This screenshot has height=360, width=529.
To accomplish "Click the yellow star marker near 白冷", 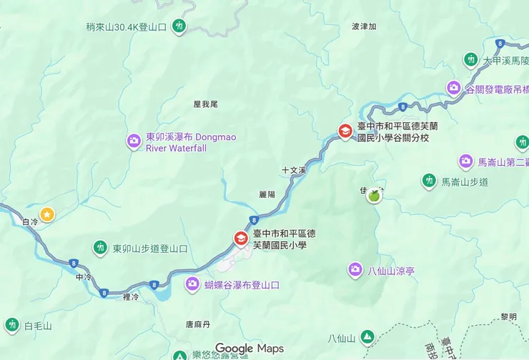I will (47, 214).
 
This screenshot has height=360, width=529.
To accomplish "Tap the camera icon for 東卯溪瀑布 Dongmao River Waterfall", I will (134, 141).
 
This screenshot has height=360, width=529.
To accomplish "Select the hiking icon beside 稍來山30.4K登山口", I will (179, 27).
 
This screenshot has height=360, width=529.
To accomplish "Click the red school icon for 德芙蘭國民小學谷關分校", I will (345, 131).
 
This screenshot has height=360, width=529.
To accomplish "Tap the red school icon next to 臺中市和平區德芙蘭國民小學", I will (241, 239).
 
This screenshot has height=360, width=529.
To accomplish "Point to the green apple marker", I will (373, 196).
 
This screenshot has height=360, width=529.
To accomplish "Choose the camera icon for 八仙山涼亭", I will (355, 270).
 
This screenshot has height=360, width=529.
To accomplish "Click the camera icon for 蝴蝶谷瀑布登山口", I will (192, 284).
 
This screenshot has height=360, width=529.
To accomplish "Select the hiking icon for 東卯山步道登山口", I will (99, 248).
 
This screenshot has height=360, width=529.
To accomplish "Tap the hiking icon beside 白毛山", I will (12, 325).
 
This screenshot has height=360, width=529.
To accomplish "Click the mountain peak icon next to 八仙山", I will (367, 336).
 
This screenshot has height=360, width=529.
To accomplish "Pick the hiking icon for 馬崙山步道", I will (429, 181).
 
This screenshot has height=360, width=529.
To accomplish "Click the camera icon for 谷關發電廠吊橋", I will (453, 88).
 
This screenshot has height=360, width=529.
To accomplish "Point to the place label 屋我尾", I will (205, 104).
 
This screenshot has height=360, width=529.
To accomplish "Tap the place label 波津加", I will (364, 26).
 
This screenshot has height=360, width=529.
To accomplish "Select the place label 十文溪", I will (293, 171).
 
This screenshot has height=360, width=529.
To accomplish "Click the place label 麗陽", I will (267, 194).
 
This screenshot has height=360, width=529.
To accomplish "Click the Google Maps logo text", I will (249, 349).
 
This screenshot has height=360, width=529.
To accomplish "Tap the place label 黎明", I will (508, 316).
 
